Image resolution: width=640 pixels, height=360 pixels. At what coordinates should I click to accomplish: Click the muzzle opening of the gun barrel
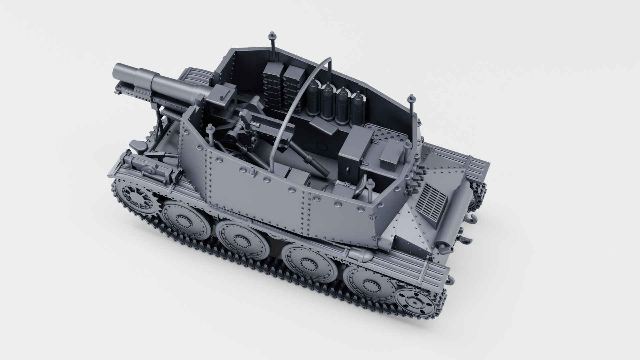coord(117,71)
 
